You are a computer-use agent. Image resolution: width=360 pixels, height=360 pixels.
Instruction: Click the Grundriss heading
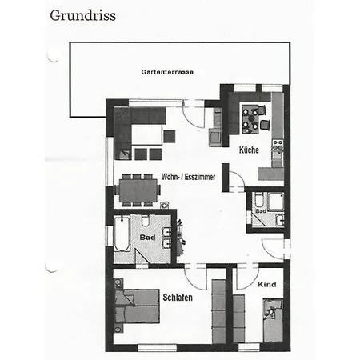(82, 16)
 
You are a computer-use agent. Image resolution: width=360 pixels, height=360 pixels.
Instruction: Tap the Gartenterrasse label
(167, 72)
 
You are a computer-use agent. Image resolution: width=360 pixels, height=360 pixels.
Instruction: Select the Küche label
(249, 150)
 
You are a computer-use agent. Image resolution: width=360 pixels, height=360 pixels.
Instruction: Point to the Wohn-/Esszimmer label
(188, 177)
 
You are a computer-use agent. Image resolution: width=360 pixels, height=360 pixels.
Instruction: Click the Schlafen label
(178, 298)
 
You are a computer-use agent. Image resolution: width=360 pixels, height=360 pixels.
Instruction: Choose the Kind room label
(266, 285)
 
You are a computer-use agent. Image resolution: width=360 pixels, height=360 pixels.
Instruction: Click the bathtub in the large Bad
(122, 234)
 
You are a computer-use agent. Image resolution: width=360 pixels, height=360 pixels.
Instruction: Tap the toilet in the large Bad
(146, 221)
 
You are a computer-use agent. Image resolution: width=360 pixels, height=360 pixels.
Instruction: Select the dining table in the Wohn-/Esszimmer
(138, 190)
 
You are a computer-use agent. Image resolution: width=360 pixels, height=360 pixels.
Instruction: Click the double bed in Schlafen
(138, 306)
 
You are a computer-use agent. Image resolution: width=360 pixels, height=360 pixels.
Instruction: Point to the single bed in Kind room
(273, 320)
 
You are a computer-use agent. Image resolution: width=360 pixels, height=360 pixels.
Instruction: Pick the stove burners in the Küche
(278, 146)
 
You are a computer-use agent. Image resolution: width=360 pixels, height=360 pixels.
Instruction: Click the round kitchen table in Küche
(251, 118)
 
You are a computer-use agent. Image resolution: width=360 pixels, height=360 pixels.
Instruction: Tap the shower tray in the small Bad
(276, 202)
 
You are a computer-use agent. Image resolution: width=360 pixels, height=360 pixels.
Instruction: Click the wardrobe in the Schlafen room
(218, 311)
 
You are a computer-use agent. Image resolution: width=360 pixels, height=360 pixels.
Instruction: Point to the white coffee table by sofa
(147, 134)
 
